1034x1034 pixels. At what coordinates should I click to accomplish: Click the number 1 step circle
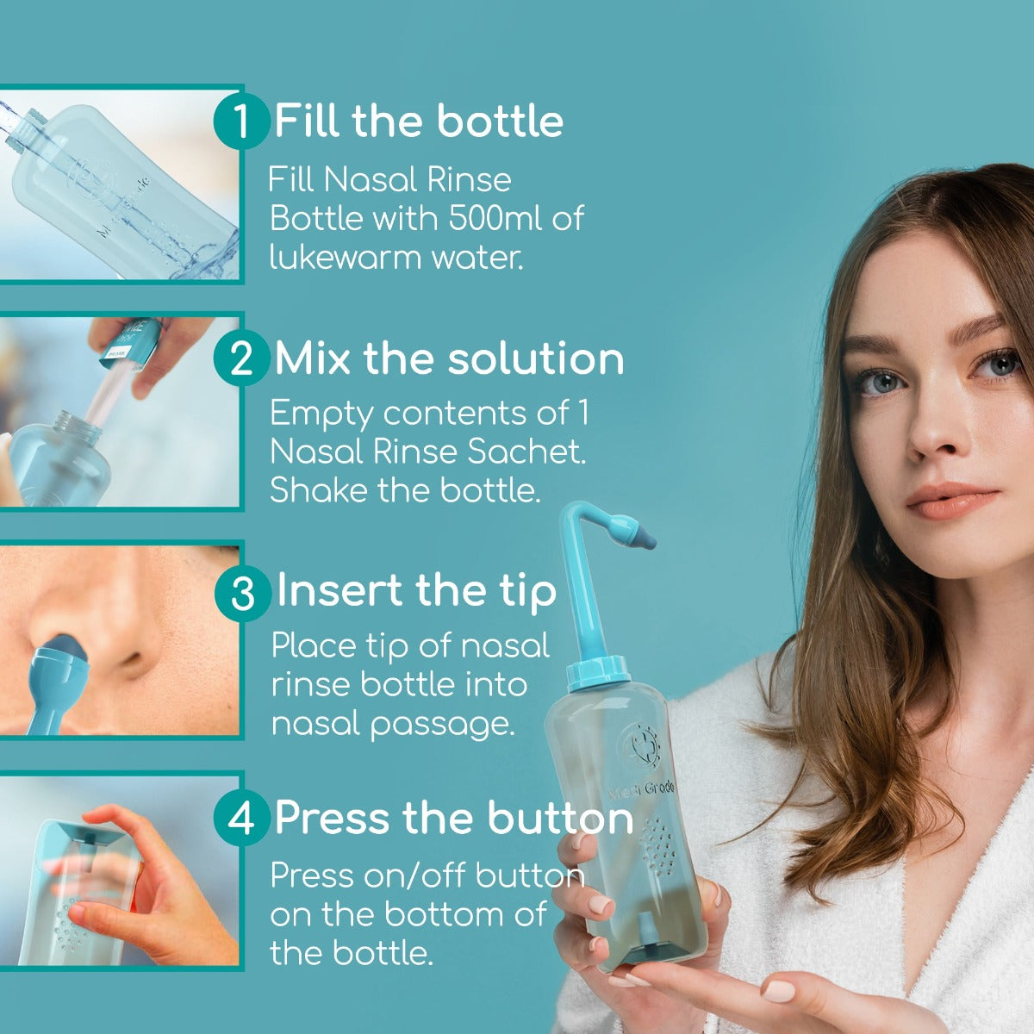tap(241, 121)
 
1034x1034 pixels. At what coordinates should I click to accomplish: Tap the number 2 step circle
tap(241, 358)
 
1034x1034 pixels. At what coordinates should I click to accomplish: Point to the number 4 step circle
tap(241, 818)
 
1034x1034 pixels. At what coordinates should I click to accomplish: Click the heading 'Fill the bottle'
tap(419, 121)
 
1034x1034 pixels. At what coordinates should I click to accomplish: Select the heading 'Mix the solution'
tap(449, 358)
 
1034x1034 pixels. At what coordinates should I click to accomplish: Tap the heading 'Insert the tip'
tap(416, 591)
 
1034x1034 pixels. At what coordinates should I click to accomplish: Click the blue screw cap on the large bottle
tap(598, 672)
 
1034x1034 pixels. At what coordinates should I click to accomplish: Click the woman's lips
tap(951, 501)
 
